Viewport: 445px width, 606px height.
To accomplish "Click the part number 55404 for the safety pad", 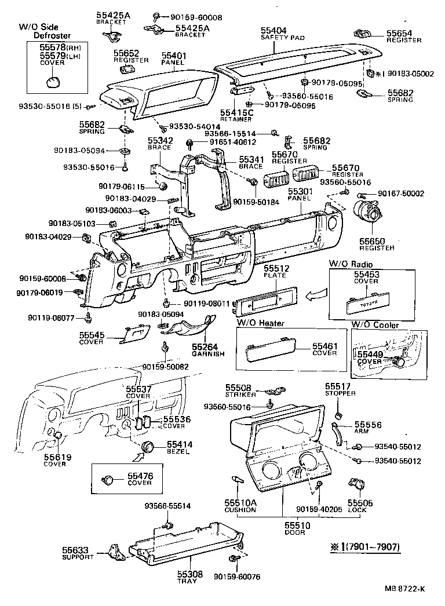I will pyautogui.click(x=275, y=30).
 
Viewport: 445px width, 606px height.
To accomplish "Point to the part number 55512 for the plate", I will pyautogui.click(x=275, y=269).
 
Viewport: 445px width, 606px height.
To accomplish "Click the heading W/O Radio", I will pyautogui.click(x=351, y=264).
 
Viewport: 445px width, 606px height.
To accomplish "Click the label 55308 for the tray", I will pyautogui.click(x=187, y=574).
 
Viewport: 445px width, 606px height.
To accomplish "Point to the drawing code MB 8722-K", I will pyautogui.click(x=404, y=589).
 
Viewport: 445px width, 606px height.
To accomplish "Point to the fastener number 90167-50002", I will pyautogui.click(x=401, y=194).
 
